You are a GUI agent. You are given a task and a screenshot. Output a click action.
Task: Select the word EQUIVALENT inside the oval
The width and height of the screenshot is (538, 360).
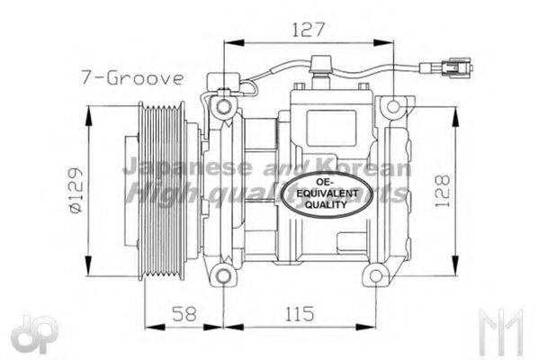(x=327, y=193)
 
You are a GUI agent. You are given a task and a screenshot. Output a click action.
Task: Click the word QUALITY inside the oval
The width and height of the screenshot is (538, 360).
(x=327, y=205)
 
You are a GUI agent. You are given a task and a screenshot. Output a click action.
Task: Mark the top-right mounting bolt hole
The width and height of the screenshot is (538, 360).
(x=390, y=108)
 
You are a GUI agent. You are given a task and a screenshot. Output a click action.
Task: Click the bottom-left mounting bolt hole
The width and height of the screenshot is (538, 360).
(x=222, y=274)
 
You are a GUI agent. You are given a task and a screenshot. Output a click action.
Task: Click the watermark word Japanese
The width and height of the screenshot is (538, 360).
(x=175, y=167)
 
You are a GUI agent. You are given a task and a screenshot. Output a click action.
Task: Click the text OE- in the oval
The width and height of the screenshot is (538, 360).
(x=327, y=183)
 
